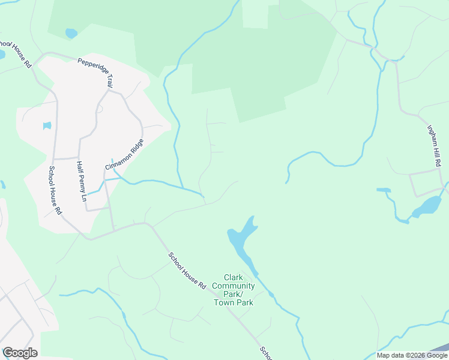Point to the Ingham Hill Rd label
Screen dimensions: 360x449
[434, 144]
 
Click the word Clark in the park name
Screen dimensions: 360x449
[233, 277]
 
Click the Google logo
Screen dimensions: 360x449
[20, 353]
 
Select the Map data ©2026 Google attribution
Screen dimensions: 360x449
[412, 355]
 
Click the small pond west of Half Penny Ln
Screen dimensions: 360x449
[47, 126]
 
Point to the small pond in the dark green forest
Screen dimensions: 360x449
[71, 33]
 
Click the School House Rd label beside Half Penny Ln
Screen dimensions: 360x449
[55, 191]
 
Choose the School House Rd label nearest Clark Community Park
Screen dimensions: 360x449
[187, 271]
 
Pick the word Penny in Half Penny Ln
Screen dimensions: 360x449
[81, 180]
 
